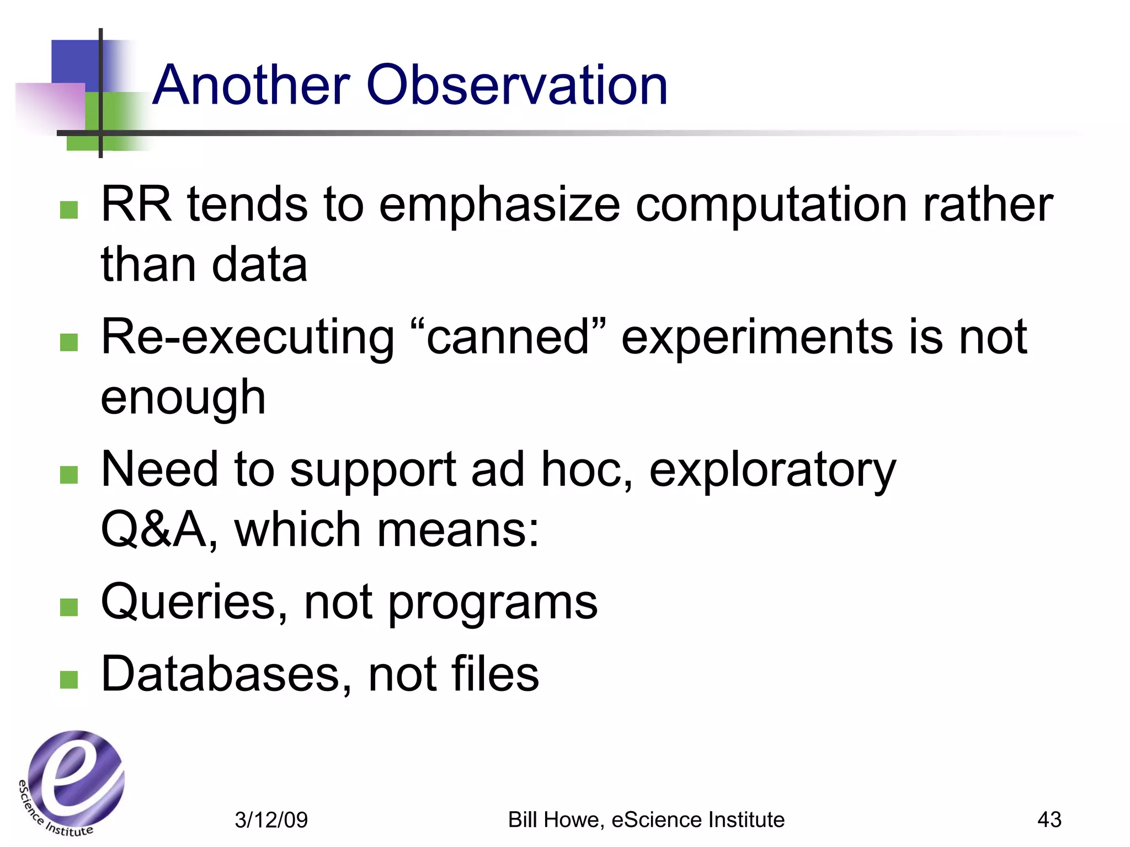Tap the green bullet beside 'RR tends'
pyautogui.click(x=68, y=210)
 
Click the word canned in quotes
pyautogui.click(x=508, y=337)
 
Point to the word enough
pyautogui.click(x=183, y=398)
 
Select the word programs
pyautogui.click(x=493, y=604)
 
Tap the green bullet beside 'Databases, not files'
pyautogui.click(x=68, y=680)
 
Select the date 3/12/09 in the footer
pyautogui.click(x=271, y=820)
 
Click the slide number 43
pyautogui.click(x=1049, y=819)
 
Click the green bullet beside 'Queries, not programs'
pyautogui.click(x=68, y=608)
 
